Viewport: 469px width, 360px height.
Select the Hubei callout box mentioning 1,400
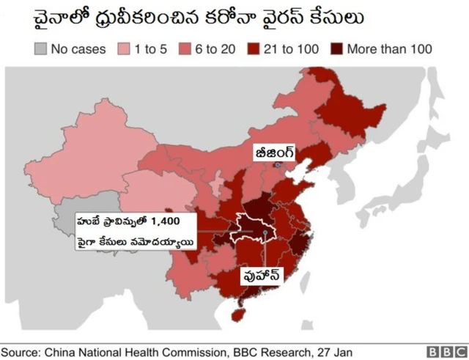[135, 232]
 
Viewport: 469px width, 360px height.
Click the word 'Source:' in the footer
[23, 350]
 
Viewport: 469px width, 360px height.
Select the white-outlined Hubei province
[253, 228]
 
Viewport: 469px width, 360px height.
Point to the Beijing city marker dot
[277, 166]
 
